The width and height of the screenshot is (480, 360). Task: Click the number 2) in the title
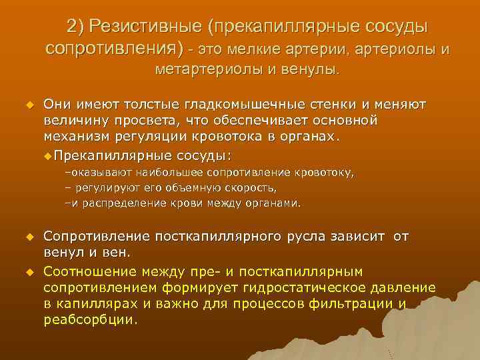(75, 27)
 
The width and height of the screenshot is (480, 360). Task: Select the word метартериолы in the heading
(194, 69)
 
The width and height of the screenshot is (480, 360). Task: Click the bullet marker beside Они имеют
(29, 105)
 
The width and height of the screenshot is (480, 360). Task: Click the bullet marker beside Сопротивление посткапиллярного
(29, 237)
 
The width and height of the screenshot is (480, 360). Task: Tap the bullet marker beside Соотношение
(29, 271)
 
